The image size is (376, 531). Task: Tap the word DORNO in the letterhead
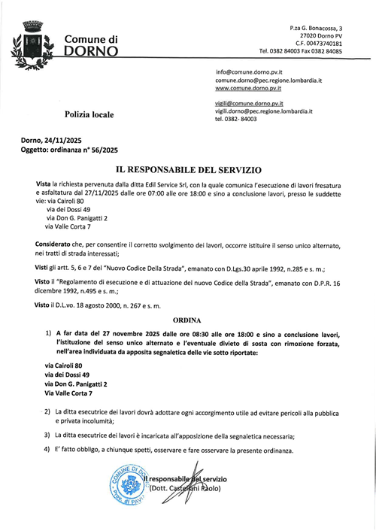[x=90, y=52]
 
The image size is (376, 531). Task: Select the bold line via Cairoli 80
[x=64, y=365]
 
